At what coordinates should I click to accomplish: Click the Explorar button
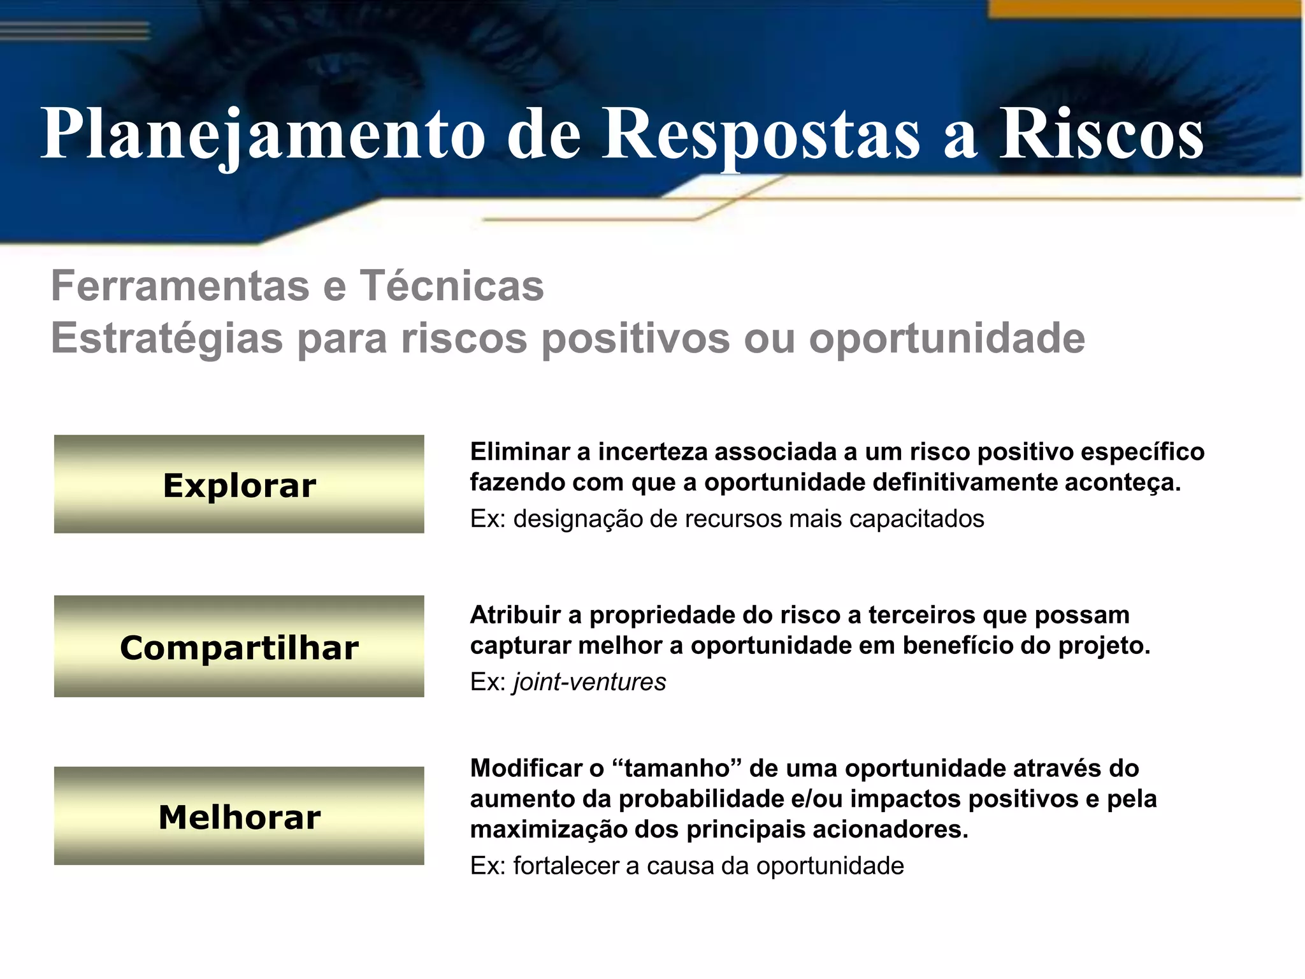[239, 484]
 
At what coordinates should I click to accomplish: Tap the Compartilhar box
[239, 646]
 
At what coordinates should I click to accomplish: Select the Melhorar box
[239, 816]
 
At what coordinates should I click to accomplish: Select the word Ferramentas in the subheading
[180, 286]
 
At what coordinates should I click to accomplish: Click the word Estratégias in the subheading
[167, 338]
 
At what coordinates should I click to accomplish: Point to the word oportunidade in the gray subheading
[947, 338]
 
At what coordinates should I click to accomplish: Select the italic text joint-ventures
[589, 682]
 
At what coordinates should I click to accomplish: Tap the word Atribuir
[515, 615]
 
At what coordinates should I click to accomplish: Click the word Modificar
[528, 769]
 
